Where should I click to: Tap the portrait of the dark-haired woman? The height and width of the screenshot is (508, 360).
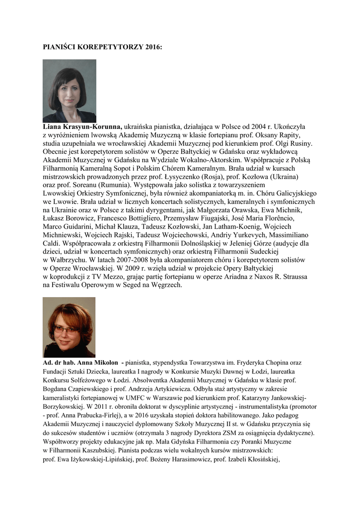70,91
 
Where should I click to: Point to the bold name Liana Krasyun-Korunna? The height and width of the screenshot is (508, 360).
82,127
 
